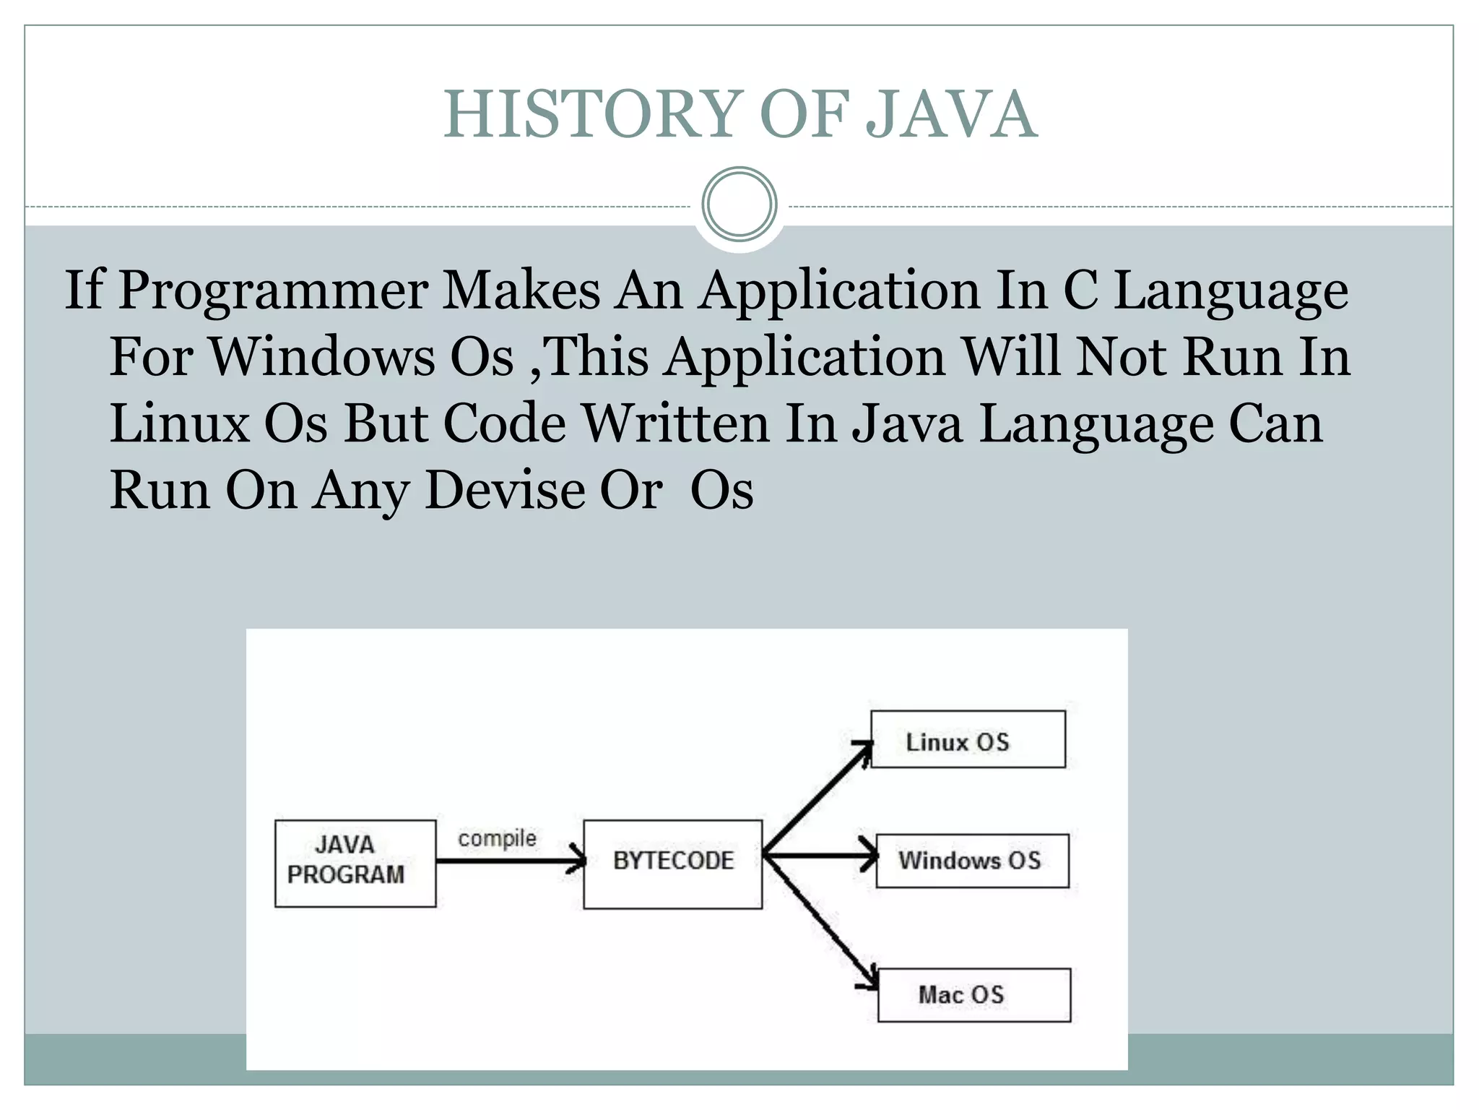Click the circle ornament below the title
point(739,205)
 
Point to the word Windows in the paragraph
point(322,357)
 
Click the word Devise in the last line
point(505,491)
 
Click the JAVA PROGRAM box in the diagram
point(355,863)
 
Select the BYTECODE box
point(672,864)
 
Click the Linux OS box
point(968,739)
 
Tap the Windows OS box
point(972,861)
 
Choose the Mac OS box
point(973,994)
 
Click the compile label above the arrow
point(497,838)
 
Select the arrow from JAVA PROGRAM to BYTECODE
point(509,861)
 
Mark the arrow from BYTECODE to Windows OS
point(820,857)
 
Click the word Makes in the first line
point(521,291)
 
